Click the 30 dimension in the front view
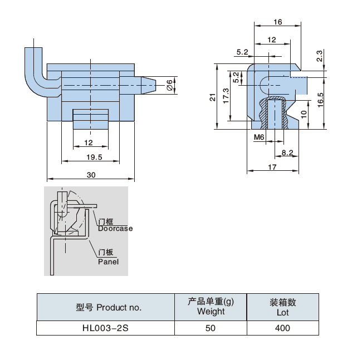point(91,175)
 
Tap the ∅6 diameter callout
point(169,85)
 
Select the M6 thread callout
point(258,137)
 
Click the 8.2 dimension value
point(287,152)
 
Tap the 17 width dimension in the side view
point(272,167)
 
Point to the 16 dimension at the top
point(277,22)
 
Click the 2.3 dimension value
point(319,56)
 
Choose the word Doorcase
point(115,229)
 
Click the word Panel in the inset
point(108,261)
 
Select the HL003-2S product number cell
point(105,328)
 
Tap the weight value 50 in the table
point(210,328)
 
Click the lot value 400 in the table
point(282,328)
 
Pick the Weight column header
point(211,312)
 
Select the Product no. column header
point(109,307)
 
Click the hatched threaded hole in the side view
point(274,114)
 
